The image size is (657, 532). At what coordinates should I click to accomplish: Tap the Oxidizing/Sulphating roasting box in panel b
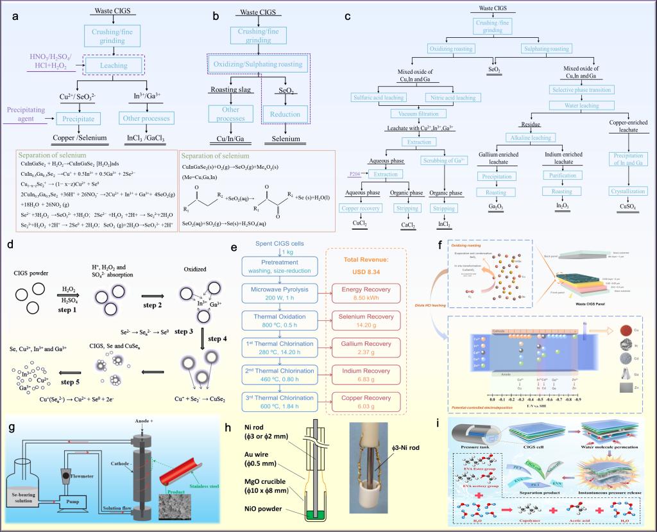tap(257, 64)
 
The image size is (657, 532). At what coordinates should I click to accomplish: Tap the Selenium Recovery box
tap(364, 320)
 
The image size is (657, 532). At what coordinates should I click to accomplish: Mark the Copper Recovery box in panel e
tap(364, 403)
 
